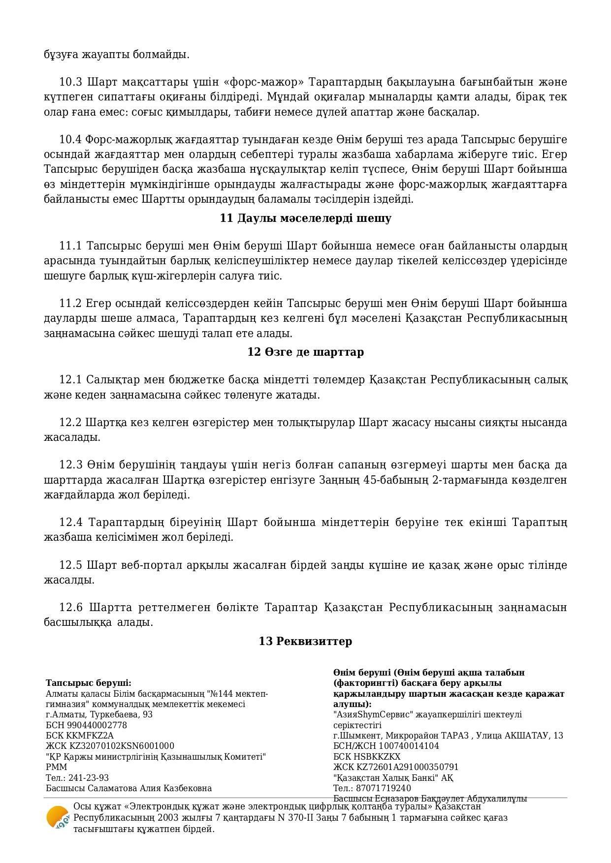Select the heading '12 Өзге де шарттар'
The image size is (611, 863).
(305, 352)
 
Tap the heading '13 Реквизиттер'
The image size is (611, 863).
(305, 641)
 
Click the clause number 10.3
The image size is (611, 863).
(69, 82)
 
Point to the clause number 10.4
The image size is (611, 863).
(69, 139)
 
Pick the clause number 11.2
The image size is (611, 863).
(69, 303)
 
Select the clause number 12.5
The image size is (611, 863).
(70, 565)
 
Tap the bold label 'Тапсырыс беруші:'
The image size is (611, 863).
(89, 683)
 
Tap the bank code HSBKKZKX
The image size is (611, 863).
(377, 757)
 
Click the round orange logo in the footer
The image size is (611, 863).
(57, 818)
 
